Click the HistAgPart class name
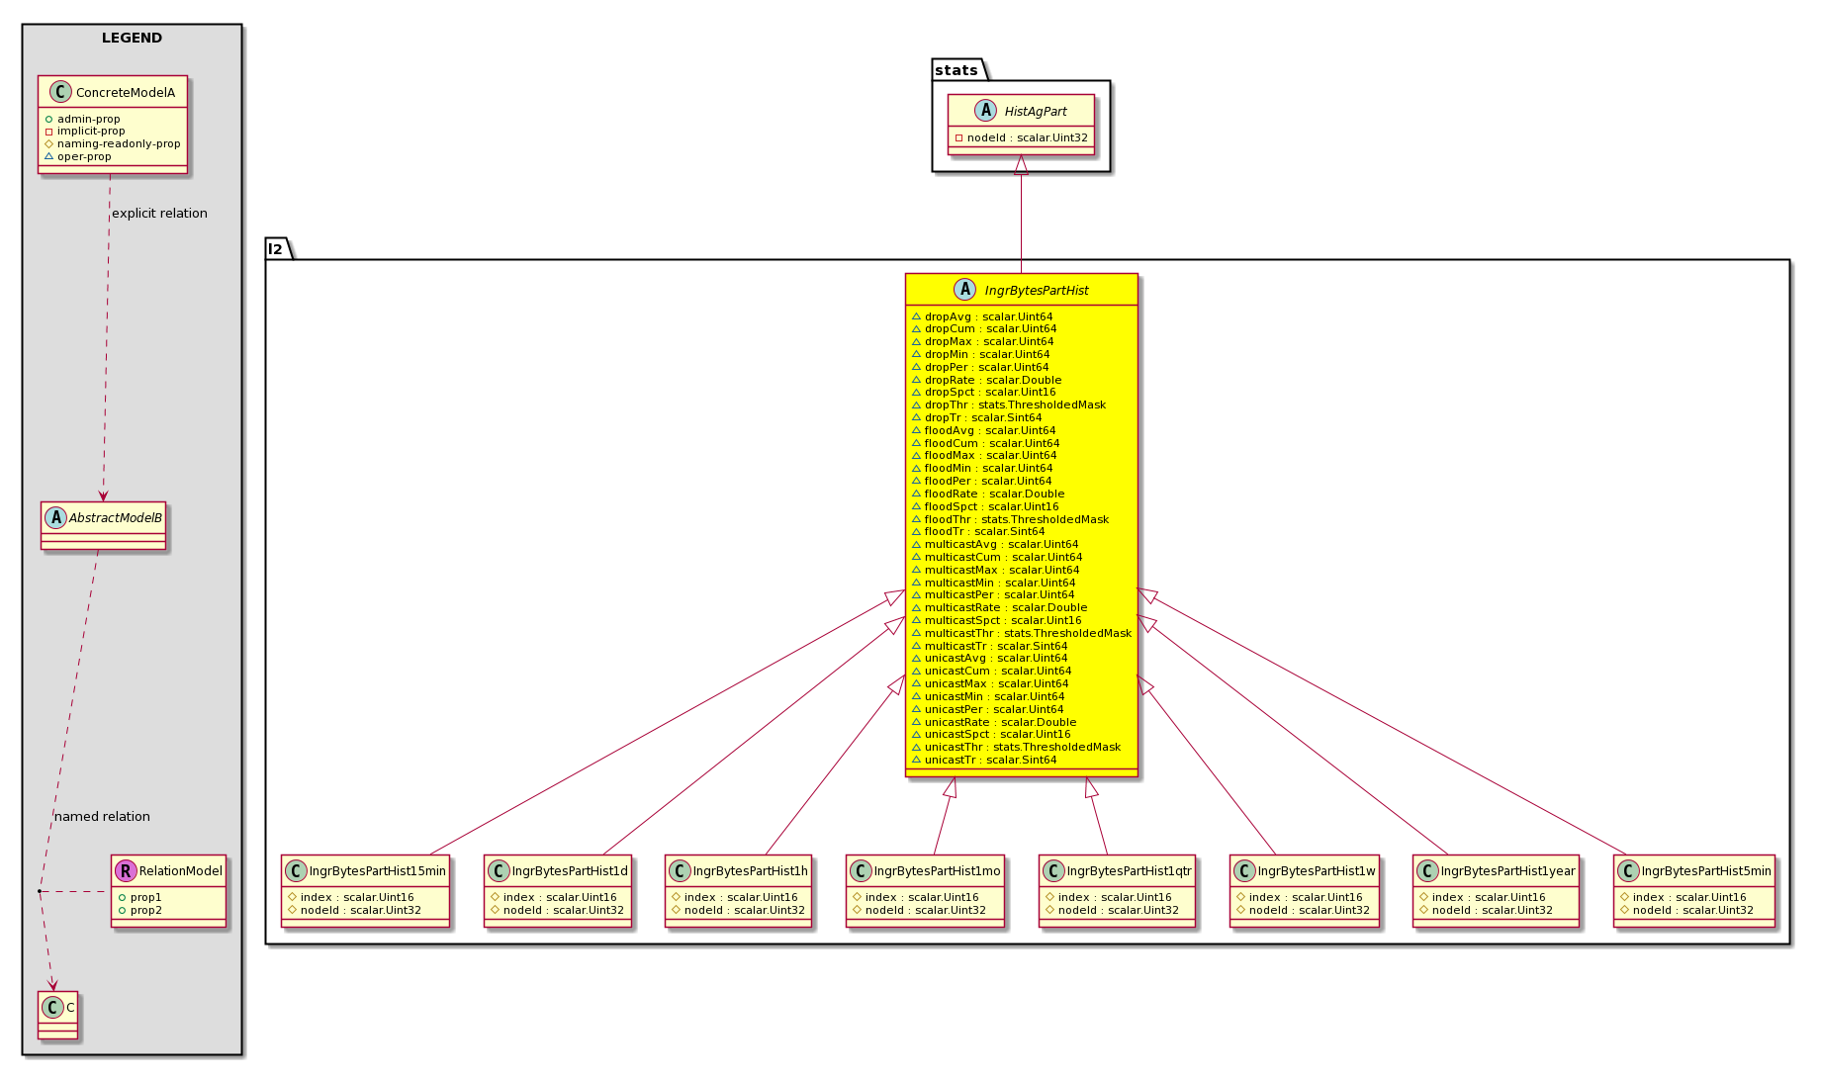click(x=1036, y=112)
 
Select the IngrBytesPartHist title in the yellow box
click(x=1037, y=291)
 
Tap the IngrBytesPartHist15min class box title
click(x=378, y=871)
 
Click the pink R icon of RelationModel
click(x=126, y=871)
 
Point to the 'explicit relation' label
click(x=159, y=214)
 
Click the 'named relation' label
click(x=102, y=817)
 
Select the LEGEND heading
click(x=132, y=39)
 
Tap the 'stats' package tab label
click(x=956, y=70)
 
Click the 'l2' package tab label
click(x=276, y=249)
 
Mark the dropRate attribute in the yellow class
click(x=993, y=380)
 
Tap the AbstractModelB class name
click(x=116, y=518)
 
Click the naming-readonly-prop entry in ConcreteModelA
click(x=119, y=143)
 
